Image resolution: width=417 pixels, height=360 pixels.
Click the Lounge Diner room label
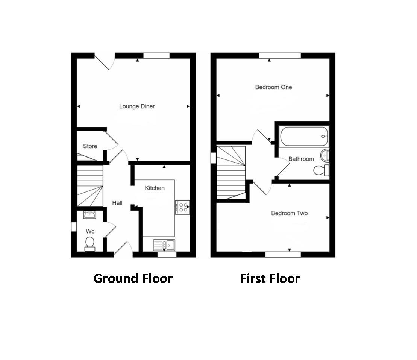137,106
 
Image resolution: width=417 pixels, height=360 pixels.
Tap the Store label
90,146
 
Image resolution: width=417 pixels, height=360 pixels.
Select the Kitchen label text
155,188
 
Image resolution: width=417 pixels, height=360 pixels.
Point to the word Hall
117,203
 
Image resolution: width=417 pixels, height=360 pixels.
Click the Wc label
90,231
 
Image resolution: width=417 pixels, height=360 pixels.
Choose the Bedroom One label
273,87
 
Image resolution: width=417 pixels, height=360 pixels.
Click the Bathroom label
301,159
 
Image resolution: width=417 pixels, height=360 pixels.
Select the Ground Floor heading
133,279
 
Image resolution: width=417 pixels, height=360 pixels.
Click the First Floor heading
270,279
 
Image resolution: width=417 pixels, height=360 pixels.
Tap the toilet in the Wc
90,243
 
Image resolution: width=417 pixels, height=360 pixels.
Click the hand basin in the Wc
89,215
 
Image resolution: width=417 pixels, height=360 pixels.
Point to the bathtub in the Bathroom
303,136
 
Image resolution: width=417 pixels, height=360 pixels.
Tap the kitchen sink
164,245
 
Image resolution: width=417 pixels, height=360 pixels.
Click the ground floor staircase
90,186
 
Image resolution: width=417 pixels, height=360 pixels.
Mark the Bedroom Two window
283,255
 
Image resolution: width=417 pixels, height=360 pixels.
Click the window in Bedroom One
280,56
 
